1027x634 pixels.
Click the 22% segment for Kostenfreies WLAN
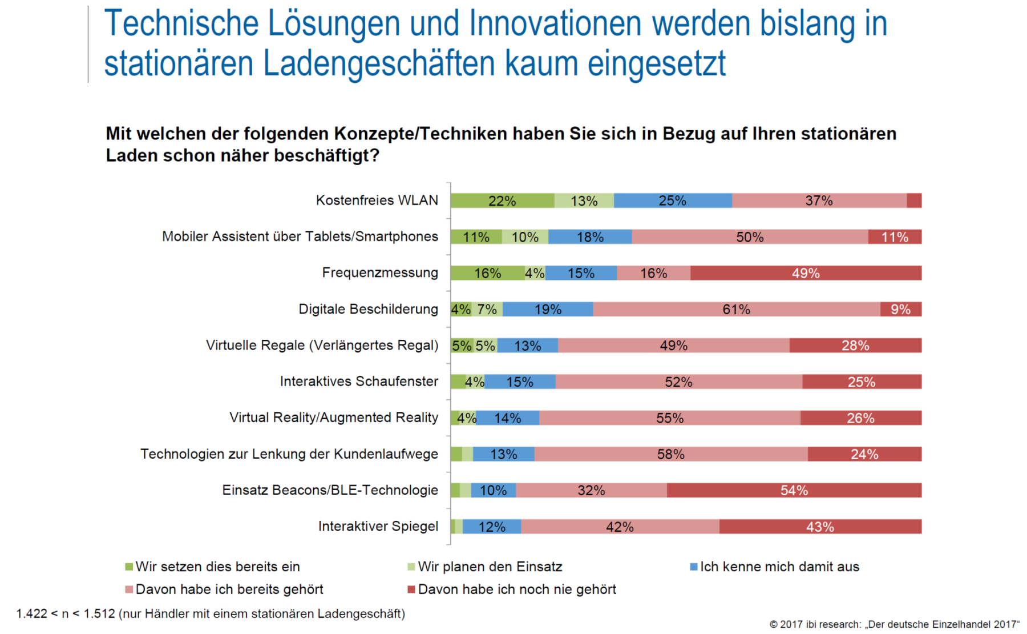coord(502,200)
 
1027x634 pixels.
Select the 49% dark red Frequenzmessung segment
coord(806,273)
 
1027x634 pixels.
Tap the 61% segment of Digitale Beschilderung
coord(736,310)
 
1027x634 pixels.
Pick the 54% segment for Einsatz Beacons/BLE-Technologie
coord(794,490)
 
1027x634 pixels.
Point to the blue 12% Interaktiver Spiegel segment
coord(492,527)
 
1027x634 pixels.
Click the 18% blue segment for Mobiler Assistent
coord(590,237)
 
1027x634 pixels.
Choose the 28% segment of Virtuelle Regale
coord(855,346)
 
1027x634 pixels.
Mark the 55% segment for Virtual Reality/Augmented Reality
coord(669,418)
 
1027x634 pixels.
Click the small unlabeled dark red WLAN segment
coord(914,200)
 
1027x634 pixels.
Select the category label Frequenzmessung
coord(380,273)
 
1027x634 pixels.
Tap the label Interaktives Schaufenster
coord(359,382)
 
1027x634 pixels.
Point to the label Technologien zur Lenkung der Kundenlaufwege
coord(289,454)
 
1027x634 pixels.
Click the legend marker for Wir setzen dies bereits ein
coord(129,567)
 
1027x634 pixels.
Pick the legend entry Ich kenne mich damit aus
coord(779,567)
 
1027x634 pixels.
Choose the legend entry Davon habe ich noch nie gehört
coord(517,589)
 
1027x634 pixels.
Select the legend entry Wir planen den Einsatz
coord(490,567)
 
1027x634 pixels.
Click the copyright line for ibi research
coord(894,624)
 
